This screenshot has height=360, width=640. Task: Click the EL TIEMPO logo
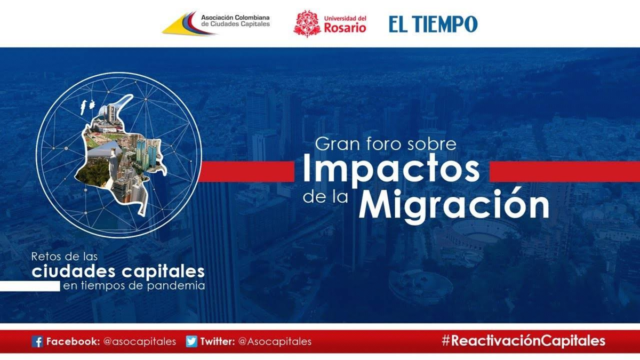[433, 24]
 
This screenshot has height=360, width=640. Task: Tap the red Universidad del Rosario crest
[307, 23]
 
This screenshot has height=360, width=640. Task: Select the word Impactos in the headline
[391, 171]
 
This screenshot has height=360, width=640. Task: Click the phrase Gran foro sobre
[386, 144]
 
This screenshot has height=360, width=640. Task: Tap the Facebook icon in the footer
[37, 341]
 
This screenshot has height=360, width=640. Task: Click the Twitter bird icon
[191, 341]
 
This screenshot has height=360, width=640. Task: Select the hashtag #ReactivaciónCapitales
[523, 341]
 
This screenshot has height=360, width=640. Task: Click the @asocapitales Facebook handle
[140, 341]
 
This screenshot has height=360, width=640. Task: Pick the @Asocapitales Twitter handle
[275, 341]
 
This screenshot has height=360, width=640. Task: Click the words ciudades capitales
[118, 271]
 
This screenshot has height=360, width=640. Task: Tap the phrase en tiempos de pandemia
[134, 286]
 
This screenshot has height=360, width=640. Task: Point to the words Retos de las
[65, 257]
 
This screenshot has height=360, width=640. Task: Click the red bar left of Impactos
[246, 171]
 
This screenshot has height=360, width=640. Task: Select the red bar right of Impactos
[565, 171]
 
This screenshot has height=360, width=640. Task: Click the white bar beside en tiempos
[30, 286]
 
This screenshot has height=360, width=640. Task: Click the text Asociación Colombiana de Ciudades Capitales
[235, 21]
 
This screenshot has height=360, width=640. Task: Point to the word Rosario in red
[345, 28]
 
